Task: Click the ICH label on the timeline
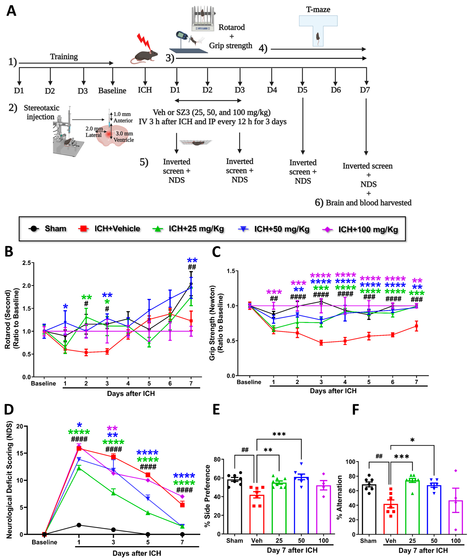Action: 145,90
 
